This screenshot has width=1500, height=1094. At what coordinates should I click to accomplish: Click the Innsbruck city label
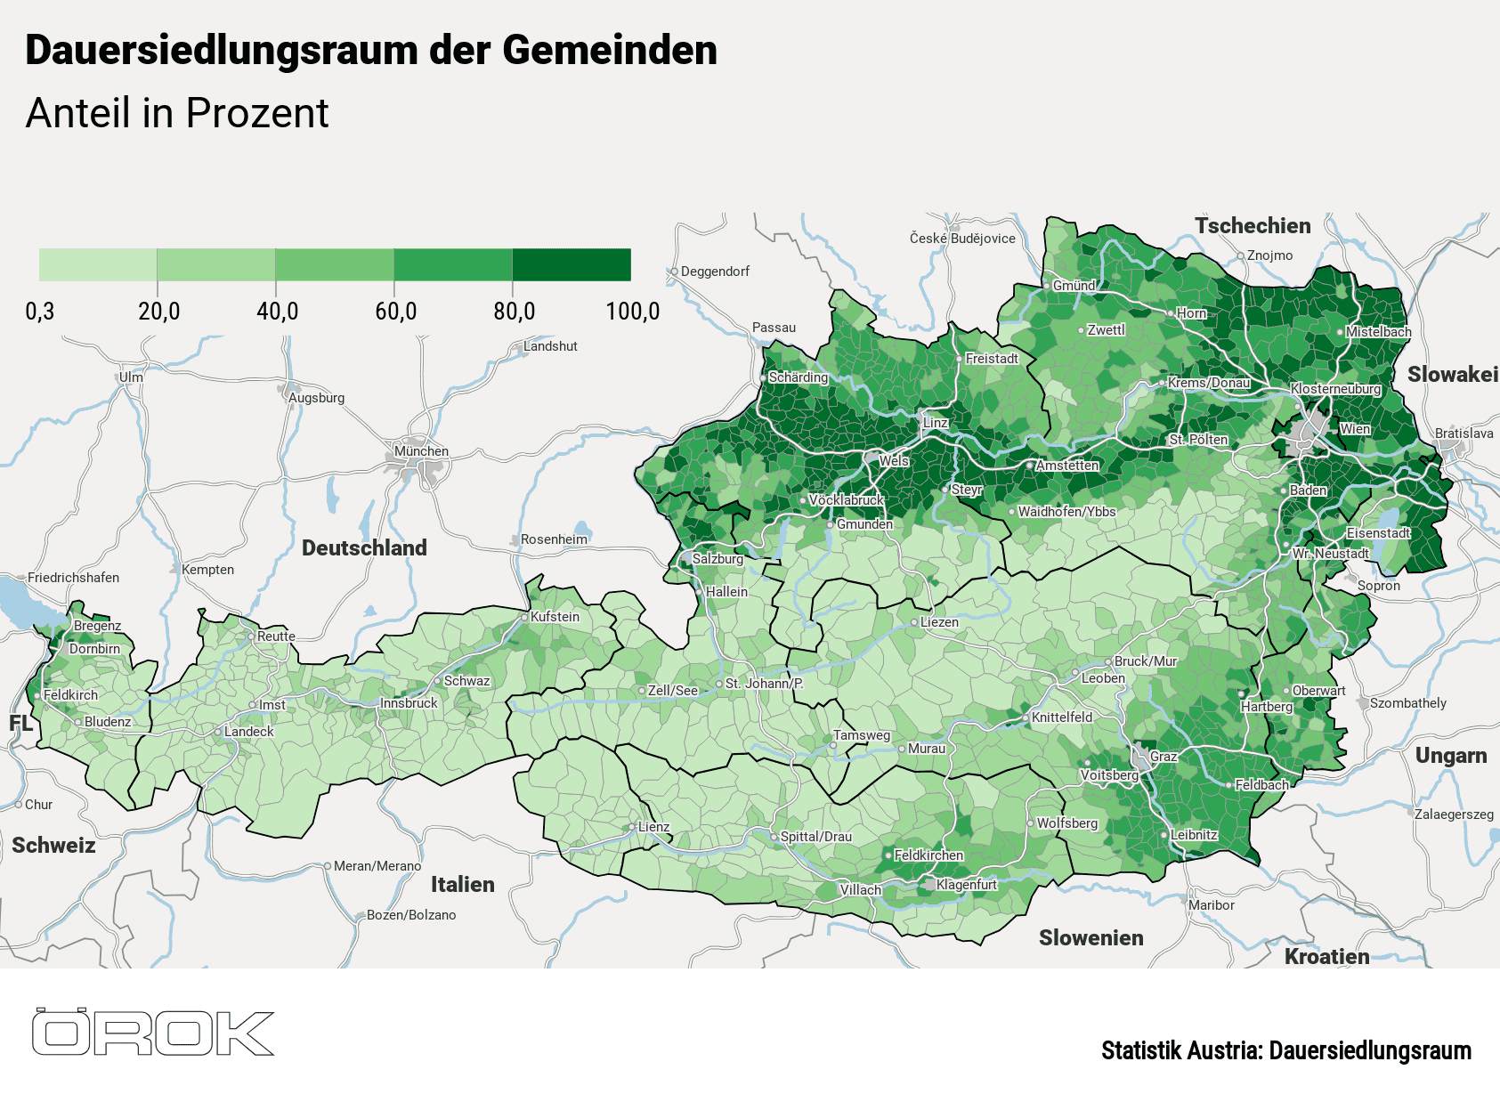click(409, 703)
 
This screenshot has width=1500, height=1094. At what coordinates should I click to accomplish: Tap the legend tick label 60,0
click(395, 312)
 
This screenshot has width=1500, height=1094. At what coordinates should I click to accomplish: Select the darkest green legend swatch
click(572, 264)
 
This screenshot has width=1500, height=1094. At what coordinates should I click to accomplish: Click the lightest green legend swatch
click(98, 264)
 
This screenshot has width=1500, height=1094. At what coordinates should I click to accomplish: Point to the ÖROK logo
click(153, 1033)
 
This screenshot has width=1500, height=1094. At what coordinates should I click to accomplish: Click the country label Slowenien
click(1091, 938)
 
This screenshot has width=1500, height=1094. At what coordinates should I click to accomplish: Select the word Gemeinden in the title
click(610, 50)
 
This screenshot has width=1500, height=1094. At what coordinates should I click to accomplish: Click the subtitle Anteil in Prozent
click(177, 113)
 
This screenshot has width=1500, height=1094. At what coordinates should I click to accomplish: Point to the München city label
click(421, 451)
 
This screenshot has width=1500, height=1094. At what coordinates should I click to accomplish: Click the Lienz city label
click(653, 827)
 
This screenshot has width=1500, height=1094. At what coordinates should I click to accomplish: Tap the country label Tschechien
click(1252, 226)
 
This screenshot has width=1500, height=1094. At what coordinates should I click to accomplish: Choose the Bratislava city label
click(1464, 434)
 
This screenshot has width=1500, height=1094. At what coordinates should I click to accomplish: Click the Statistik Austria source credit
click(1285, 1050)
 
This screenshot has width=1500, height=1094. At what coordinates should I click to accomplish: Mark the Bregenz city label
click(97, 626)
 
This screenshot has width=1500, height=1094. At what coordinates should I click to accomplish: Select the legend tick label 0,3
click(39, 312)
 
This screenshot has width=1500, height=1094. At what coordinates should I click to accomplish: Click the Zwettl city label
click(1106, 330)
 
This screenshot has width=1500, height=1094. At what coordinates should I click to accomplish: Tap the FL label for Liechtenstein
click(20, 724)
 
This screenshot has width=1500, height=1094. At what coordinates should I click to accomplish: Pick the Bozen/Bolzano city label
click(411, 915)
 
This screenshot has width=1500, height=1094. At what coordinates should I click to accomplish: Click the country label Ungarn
click(1450, 756)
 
